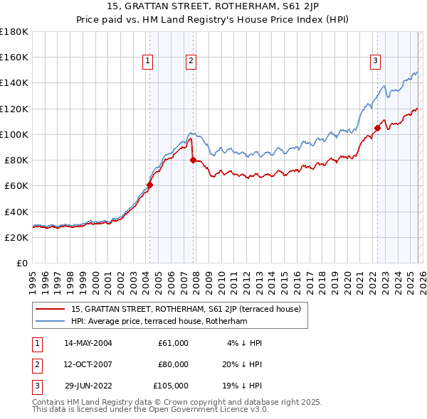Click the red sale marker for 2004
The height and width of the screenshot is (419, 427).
pyautogui.click(x=149, y=185)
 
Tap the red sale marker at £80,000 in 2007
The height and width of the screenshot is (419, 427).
pyautogui.click(x=193, y=160)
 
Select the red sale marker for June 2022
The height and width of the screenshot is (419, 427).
pyautogui.click(x=377, y=129)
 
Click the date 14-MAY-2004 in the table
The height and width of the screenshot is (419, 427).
pyautogui.click(x=88, y=343)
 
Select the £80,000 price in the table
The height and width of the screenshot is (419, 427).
pyautogui.click(x=173, y=364)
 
